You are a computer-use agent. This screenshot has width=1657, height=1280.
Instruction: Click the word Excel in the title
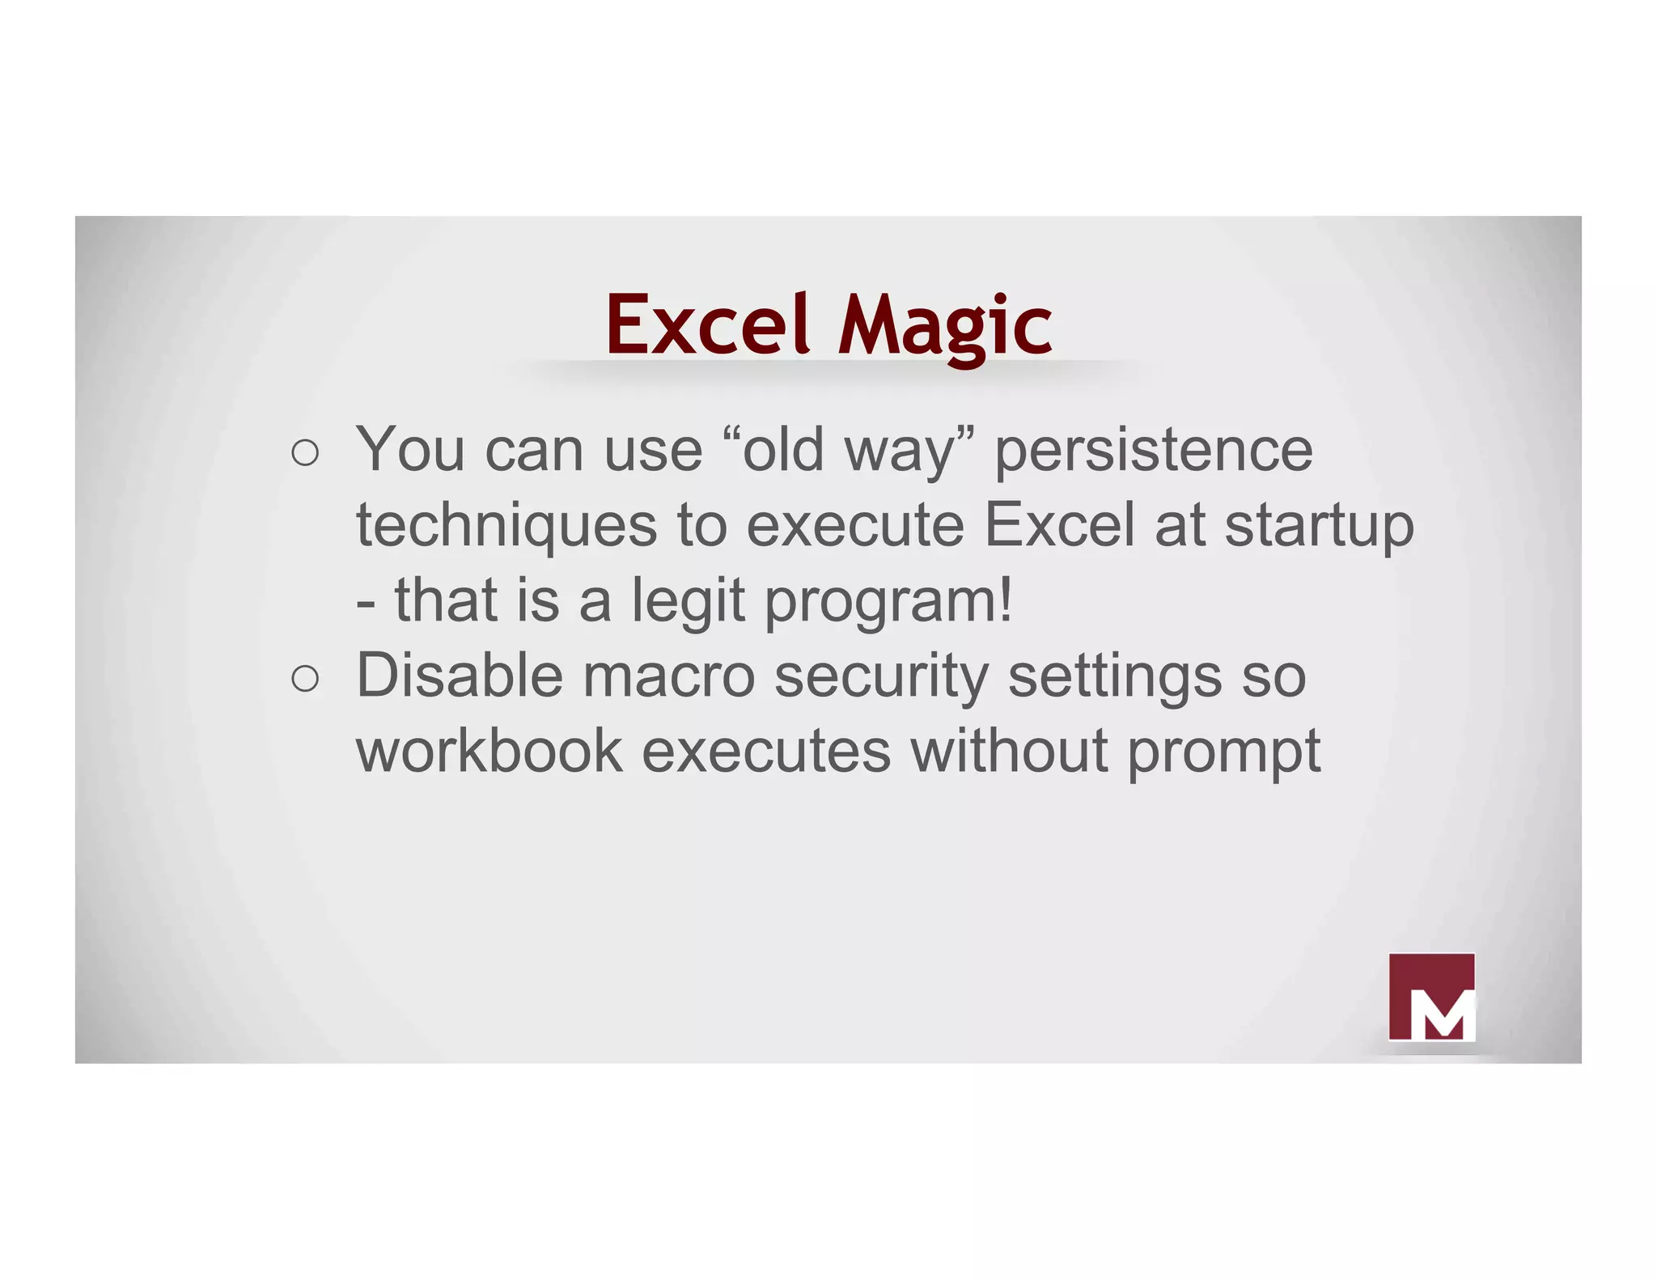(708, 325)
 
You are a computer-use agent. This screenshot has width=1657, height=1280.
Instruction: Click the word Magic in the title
(945, 325)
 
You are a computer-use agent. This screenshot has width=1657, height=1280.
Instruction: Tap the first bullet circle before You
(305, 453)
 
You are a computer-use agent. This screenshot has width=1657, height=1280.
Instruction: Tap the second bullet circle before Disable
(305, 679)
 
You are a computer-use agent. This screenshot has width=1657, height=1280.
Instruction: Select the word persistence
(1153, 450)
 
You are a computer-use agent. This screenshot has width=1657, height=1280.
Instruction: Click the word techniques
(506, 526)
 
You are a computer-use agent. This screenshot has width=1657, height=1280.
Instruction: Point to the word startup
(1319, 526)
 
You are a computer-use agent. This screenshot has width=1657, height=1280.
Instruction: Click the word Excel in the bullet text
(1060, 526)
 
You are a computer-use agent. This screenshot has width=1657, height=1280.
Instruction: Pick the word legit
(688, 601)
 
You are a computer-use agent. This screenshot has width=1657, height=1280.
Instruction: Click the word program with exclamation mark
(888, 601)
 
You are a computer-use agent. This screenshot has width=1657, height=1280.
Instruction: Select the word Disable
(459, 676)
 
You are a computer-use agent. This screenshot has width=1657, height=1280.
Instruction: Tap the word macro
(668, 676)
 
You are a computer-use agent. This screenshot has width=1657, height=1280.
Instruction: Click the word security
(881, 676)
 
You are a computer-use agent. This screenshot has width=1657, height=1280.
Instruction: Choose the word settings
(1114, 676)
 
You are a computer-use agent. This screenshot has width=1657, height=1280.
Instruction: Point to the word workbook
(489, 751)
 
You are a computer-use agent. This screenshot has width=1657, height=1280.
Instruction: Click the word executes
(766, 751)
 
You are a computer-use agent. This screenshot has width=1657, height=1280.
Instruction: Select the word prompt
(1223, 751)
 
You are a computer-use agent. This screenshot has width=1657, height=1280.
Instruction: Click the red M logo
(1431, 997)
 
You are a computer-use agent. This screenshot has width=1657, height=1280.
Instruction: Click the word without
(1009, 751)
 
